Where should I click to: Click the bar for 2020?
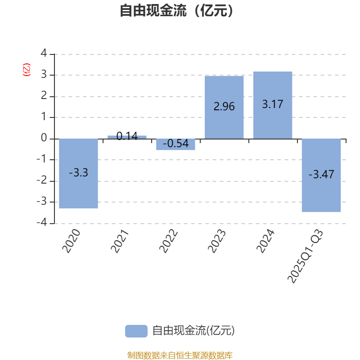[78, 189]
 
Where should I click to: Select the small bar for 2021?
[127, 137]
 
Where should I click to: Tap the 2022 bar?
[175, 148]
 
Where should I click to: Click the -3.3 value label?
[78, 172]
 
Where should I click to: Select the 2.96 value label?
[224, 107]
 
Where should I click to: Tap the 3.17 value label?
[273, 104]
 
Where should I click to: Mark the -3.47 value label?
[321, 175]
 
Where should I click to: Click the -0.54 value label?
[175, 144]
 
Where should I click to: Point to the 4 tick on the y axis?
[44, 54]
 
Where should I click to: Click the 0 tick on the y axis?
[44, 139]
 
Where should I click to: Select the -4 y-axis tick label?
[42, 223]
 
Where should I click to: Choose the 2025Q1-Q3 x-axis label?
[305, 256]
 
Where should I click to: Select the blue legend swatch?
[136, 331]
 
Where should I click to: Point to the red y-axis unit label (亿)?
[27, 70]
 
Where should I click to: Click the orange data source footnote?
[180, 355]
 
